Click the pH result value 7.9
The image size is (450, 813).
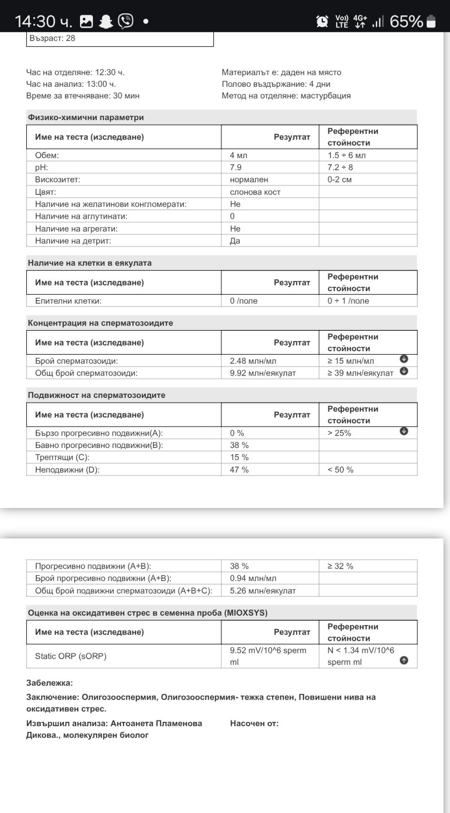236,167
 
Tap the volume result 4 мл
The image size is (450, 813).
239,155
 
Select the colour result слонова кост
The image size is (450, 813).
255,192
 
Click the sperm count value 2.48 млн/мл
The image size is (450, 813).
253,361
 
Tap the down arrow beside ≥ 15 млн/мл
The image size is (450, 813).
404,359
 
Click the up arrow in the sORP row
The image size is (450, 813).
404,661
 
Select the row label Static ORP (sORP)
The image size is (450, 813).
70,656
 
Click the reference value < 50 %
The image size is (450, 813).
340,470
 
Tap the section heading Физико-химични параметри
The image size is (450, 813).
86,117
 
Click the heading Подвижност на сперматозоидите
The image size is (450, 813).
97,395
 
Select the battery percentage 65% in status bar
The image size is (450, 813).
406,21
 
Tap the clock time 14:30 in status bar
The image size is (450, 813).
36,21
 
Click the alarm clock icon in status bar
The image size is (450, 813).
322,21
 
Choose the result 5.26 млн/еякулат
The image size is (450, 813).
262,591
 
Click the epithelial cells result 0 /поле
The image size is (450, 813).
243,301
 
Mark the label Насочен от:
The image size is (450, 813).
254,723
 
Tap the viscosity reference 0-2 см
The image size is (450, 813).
340,180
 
